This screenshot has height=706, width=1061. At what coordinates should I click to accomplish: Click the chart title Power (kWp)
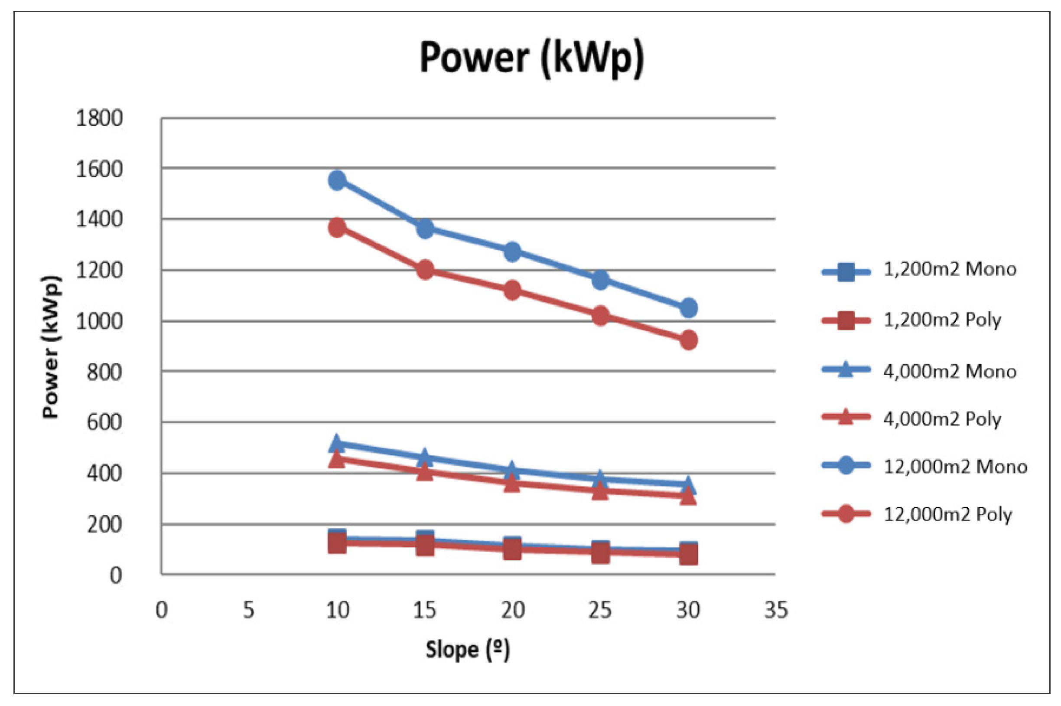[x=531, y=58]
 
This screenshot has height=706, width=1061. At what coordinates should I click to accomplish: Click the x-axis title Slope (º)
[x=468, y=650]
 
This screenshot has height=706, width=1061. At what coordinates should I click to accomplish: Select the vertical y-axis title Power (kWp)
[x=51, y=346]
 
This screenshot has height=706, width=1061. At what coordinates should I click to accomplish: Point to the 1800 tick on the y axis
[x=99, y=119]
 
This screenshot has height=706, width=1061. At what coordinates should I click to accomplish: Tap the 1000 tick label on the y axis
[x=99, y=321]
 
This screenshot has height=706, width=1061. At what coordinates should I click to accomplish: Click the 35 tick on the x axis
[x=776, y=611]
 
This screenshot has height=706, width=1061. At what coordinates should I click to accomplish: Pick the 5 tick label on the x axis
[x=249, y=611]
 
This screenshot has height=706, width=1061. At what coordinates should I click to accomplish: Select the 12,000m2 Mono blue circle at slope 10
[x=337, y=180]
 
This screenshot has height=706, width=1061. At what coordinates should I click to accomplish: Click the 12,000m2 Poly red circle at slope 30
[x=688, y=340]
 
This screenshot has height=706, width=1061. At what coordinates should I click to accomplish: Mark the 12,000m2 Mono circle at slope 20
[x=512, y=251]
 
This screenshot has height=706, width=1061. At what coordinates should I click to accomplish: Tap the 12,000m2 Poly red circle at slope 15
[x=425, y=270]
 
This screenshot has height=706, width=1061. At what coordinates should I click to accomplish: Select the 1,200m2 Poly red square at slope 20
[x=512, y=550]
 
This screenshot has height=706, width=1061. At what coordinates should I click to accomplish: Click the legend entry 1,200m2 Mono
[x=950, y=269]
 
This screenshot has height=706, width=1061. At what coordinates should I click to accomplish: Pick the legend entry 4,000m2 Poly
[x=942, y=419]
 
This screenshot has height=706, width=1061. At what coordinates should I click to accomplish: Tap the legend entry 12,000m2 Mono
[x=955, y=467]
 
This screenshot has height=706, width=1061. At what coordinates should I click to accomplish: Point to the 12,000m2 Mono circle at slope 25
[x=600, y=280]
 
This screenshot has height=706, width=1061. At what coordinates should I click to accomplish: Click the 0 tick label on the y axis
[x=116, y=576]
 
